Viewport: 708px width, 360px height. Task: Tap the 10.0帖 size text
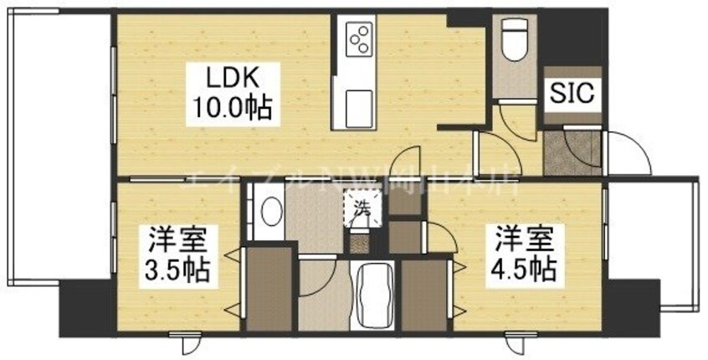point(225,108)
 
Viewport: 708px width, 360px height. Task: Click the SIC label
point(571,94)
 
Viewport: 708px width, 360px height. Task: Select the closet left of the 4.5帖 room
point(425,294)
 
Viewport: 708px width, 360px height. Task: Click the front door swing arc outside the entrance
point(623,155)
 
